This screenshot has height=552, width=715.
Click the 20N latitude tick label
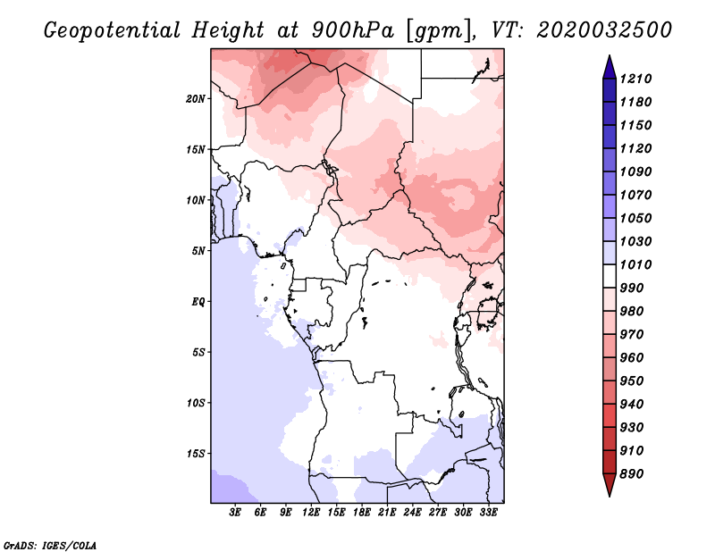click(196, 99)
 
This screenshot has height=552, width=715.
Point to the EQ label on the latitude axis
click(198, 302)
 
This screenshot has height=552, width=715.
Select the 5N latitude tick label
click(198, 251)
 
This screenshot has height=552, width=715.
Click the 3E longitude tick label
click(235, 513)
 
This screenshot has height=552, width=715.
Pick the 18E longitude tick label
click(362, 513)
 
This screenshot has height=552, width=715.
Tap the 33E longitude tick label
click(488, 513)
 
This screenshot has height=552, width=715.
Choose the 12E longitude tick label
click(311, 513)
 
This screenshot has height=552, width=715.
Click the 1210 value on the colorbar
click(635, 79)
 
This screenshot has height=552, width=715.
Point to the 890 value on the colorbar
click(632, 474)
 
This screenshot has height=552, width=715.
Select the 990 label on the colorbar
click(632, 289)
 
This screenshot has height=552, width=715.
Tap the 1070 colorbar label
click(635, 195)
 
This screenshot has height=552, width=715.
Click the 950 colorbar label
click(632, 381)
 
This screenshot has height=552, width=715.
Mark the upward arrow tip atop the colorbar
click(610, 55)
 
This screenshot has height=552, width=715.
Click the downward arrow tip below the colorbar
click(610, 496)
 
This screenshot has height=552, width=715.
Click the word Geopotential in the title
click(112, 30)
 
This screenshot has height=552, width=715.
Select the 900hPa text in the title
click(352, 30)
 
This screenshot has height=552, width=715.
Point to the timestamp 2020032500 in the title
click(604, 30)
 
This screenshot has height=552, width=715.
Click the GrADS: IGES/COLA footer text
click(50, 545)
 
